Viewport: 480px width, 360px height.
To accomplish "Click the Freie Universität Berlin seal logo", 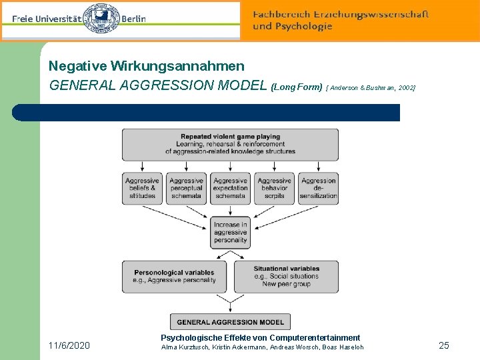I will click(x=101, y=19).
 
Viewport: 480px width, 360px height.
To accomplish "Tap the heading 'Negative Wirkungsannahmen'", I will click(x=147, y=67).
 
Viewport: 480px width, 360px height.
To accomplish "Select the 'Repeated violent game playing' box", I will click(x=230, y=144).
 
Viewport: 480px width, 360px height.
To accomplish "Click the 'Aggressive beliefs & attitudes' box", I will click(x=142, y=188).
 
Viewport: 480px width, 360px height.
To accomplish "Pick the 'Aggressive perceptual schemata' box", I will click(x=186, y=188).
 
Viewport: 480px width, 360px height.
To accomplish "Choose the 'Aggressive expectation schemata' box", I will click(x=230, y=188).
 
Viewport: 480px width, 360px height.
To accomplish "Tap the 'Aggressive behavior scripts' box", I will click(x=274, y=188).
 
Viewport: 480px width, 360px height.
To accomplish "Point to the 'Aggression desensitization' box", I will click(x=318, y=188).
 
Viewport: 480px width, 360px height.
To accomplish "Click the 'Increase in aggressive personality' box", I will click(x=230, y=233).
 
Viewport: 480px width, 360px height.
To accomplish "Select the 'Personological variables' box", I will click(x=175, y=276).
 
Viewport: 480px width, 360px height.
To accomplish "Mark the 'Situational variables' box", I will click(x=286, y=276).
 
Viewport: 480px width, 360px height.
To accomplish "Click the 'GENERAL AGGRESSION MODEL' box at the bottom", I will click(x=230, y=321).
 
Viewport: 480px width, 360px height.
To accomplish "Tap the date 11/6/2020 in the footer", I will click(x=69, y=345).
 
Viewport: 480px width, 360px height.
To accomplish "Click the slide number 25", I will click(x=444, y=345).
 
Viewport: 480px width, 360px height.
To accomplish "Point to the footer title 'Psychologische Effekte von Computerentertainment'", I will click(x=260, y=338).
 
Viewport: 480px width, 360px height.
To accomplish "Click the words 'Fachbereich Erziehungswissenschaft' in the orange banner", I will click(x=341, y=14).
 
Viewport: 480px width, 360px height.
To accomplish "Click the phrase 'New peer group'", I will click(x=286, y=284).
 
